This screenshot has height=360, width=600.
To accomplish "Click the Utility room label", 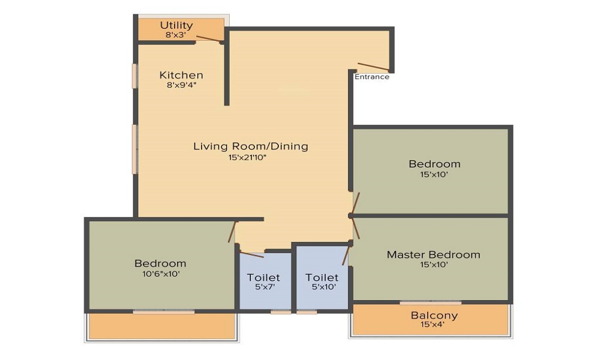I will click(x=176, y=25).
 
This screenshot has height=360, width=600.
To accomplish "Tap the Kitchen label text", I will click(x=181, y=75).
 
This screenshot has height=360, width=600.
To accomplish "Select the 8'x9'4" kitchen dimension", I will click(x=181, y=85).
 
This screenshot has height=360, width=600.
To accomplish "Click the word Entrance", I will click(x=372, y=77).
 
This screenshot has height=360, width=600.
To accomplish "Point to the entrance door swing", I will click(x=373, y=67).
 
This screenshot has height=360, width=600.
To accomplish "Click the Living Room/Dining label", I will click(x=251, y=146).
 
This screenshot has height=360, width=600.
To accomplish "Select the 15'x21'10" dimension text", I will click(x=251, y=157).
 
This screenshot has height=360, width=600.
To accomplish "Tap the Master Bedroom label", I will click(x=433, y=254).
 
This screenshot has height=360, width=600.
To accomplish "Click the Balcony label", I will click(x=434, y=315).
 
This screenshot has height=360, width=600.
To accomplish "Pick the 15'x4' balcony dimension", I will click(x=434, y=325).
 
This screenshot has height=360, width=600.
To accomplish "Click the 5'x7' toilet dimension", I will click(x=263, y=287).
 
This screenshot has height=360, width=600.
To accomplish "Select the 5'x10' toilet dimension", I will click(x=322, y=287).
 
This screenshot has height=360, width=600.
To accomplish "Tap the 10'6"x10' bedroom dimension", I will click(x=160, y=274).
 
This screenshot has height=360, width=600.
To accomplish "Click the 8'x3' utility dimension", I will click(x=176, y=35).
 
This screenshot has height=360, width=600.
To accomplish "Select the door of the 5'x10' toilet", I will click(x=346, y=256).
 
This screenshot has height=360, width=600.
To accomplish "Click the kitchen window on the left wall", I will click(x=135, y=76).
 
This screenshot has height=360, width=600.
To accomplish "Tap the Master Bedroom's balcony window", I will click(x=430, y=303).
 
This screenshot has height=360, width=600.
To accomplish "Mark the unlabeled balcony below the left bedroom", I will click(x=162, y=326).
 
